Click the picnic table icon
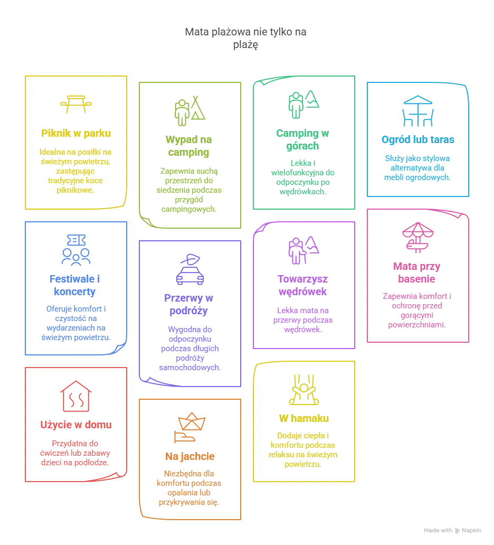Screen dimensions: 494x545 (75, 104)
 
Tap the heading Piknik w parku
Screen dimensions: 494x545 (75, 134)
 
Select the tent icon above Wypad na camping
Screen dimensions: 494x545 (189, 111)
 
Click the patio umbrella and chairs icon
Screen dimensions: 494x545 (418, 111)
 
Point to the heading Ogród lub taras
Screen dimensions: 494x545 (417, 140)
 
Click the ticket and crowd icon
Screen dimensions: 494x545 (75, 250)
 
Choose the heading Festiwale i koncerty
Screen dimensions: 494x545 (75, 285)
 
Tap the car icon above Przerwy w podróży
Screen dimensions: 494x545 (189, 269)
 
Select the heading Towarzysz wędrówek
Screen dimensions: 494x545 (302, 285)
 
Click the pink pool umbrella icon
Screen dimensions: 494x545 (418, 238)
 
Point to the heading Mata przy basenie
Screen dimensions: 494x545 (416, 272)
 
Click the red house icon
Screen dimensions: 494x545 (75, 396)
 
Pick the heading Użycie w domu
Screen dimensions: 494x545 (75, 425)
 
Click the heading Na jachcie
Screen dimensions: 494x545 (189, 456)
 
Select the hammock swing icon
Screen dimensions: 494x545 (303, 390)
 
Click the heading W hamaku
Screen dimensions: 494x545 (303, 418)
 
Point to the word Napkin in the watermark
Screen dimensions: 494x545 (471, 530)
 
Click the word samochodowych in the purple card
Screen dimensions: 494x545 (189, 368)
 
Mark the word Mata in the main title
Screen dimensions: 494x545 (197, 32)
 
